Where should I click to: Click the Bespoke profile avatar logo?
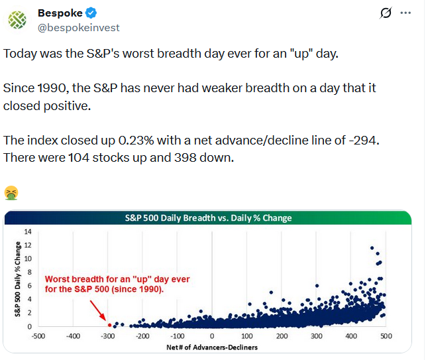point(19,19)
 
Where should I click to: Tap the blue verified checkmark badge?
point(90,13)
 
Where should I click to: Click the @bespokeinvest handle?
point(79,28)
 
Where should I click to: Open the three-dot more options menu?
point(406,13)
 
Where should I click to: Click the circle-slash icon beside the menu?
point(384,13)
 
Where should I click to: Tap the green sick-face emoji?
point(11,193)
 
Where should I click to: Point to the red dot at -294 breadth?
point(109,325)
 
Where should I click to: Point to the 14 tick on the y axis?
point(28,231)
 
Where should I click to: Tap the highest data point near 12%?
point(372,248)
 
